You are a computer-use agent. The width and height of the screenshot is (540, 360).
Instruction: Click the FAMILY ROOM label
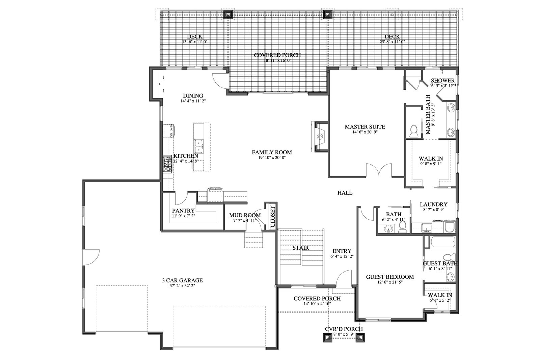pyautogui.click(x=272, y=152)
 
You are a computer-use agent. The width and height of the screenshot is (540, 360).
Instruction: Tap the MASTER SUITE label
pyautogui.click(x=365, y=127)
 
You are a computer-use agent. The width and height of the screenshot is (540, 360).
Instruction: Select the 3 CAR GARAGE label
pyautogui.click(x=182, y=280)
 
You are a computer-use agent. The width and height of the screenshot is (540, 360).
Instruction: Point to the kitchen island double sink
pyautogui.click(x=199, y=146)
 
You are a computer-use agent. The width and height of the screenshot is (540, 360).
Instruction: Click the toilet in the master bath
pyautogui.click(x=414, y=131)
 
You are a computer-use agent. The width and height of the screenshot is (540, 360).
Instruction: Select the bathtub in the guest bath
pyautogui.click(x=443, y=242)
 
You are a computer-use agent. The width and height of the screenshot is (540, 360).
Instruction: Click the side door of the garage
pyautogui.click(x=91, y=258)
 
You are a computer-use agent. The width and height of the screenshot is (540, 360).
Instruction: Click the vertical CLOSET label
pyautogui.click(x=273, y=217)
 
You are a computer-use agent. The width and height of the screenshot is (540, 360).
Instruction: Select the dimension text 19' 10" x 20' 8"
pyautogui.click(x=272, y=158)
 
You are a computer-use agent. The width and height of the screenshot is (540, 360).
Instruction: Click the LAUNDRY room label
pyautogui.click(x=433, y=204)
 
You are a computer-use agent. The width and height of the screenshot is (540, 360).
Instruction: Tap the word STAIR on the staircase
pyautogui.click(x=301, y=248)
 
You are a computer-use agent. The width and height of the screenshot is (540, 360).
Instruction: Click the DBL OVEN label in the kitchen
pyautogui.click(x=172, y=131)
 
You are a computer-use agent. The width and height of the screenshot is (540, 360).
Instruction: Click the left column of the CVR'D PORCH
pyautogui.click(x=327, y=338)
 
